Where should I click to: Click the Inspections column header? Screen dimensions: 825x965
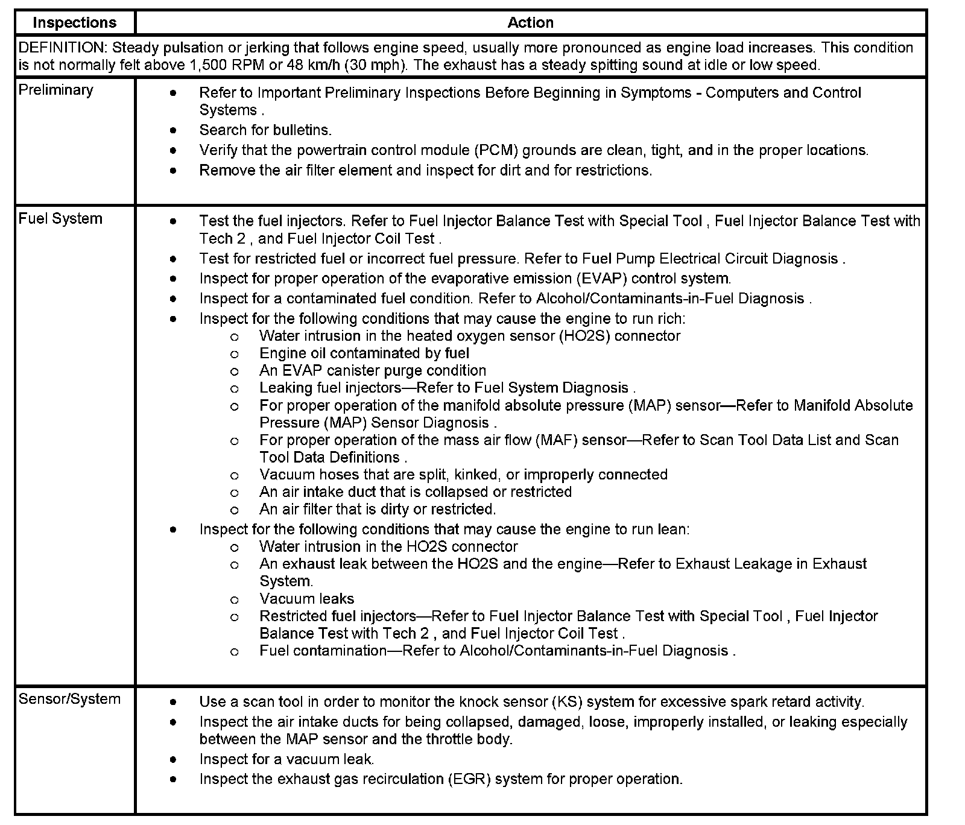(x=74, y=23)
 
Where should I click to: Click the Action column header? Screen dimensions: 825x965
(x=530, y=23)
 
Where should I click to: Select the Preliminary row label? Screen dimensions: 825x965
(x=56, y=90)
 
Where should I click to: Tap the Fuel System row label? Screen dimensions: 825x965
(x=60, y=218)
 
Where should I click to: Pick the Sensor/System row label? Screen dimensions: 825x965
(x=69, y=699)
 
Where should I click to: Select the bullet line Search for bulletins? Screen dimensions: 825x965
(x=265, y=130)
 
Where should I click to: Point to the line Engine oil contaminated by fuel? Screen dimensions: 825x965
(x=364, y=353)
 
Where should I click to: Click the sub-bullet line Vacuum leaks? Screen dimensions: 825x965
(x=306, y=599)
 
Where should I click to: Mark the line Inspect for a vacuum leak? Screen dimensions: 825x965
(x=286, y=759)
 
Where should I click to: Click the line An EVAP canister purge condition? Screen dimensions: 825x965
(x=372, y=371)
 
